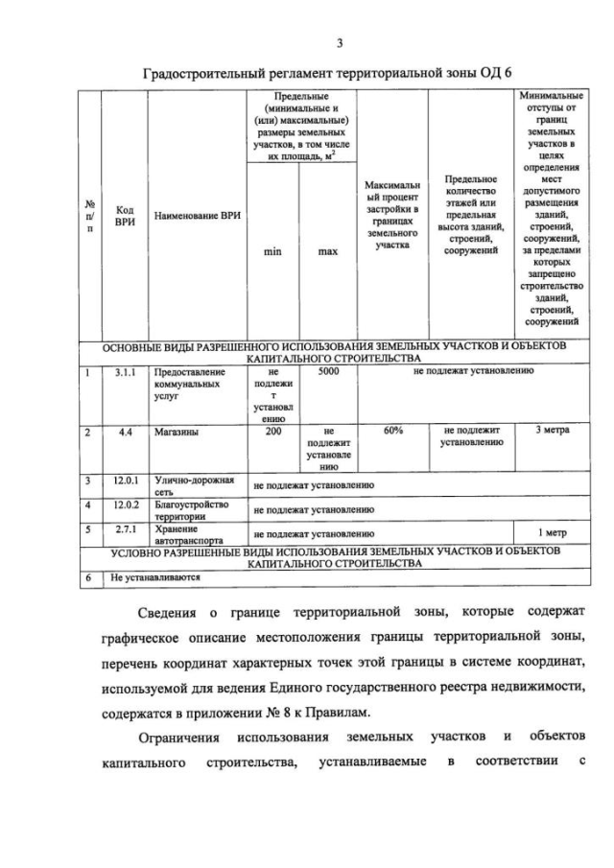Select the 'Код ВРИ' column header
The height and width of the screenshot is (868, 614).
coord(124,217)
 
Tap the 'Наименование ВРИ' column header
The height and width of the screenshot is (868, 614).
coord(197,217)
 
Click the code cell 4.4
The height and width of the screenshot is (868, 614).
coord(125,432)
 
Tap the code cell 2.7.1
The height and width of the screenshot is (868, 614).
coord(125,528)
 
